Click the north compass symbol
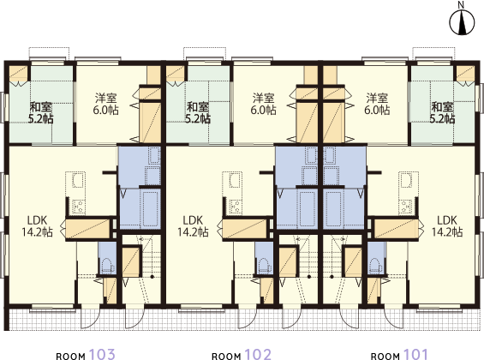462,23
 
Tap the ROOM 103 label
86,355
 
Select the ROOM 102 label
242,355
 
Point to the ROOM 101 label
399,355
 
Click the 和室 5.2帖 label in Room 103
41,112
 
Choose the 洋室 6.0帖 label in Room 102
263,104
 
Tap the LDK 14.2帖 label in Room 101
447,226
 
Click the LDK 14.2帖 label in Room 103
37,226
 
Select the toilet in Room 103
107,265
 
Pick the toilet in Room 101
375,265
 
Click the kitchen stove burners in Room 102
236,207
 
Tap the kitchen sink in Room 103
79,180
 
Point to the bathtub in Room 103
150,208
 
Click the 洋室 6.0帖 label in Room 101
377,104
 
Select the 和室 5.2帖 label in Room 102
198,112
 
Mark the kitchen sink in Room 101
405,180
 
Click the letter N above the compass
461,4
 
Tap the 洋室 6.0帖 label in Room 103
106,104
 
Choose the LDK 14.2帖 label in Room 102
193,226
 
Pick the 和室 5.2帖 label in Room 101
442,112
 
